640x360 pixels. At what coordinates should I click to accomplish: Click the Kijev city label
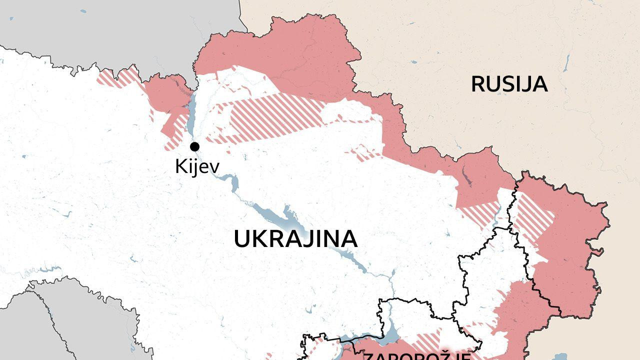click(x=196, y=166)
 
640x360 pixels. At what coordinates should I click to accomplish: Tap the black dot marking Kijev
click(x=194, y=146)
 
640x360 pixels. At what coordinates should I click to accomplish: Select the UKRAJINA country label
click(x=295, y=239)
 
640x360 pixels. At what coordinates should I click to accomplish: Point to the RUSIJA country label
click(x=509, y=84)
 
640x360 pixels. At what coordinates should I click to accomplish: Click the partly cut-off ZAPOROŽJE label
click(x=416, y=356)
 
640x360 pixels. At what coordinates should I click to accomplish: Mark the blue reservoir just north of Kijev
click(x=191, y=112)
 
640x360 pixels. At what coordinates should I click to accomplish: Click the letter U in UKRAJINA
click(x=241, y=239)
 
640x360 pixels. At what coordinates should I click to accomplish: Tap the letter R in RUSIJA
click(x=477, y=84)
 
